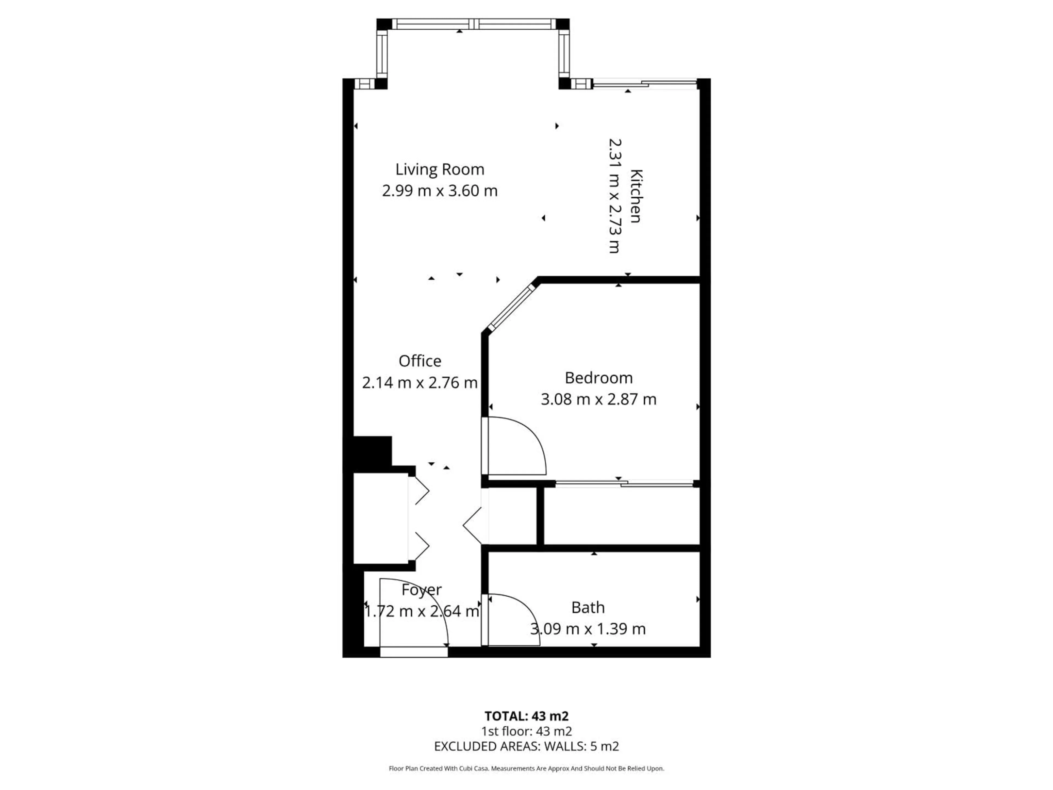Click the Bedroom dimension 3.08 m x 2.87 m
click(598, 399)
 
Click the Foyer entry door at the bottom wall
click(414, 652)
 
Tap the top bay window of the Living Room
click(473, 24)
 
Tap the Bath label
click(588, 608)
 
